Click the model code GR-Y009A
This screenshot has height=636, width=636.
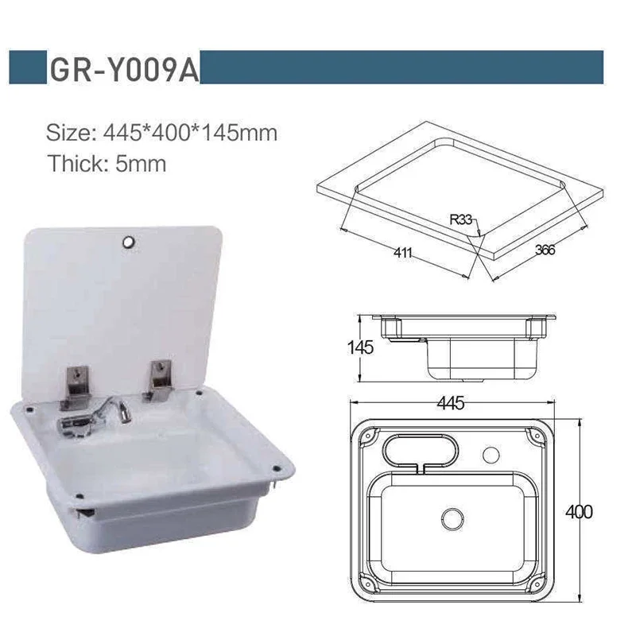122,69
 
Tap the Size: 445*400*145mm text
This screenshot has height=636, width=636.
161,132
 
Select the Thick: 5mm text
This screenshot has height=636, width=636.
106,164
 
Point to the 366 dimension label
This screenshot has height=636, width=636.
545,250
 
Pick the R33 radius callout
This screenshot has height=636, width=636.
462,216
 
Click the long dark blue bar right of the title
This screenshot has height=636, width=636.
401,67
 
